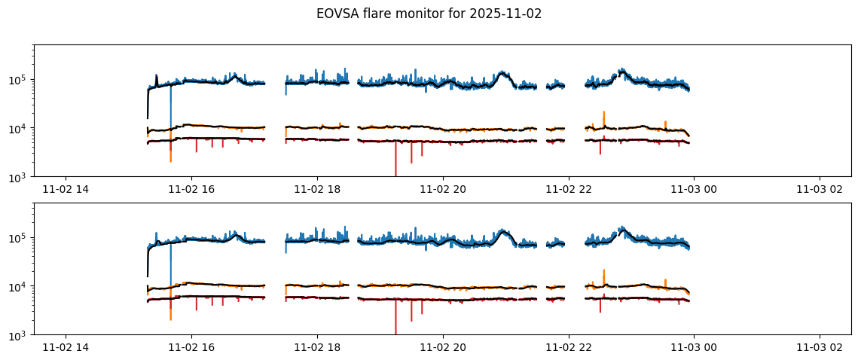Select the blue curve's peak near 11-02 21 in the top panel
click(x=502, y=73)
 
